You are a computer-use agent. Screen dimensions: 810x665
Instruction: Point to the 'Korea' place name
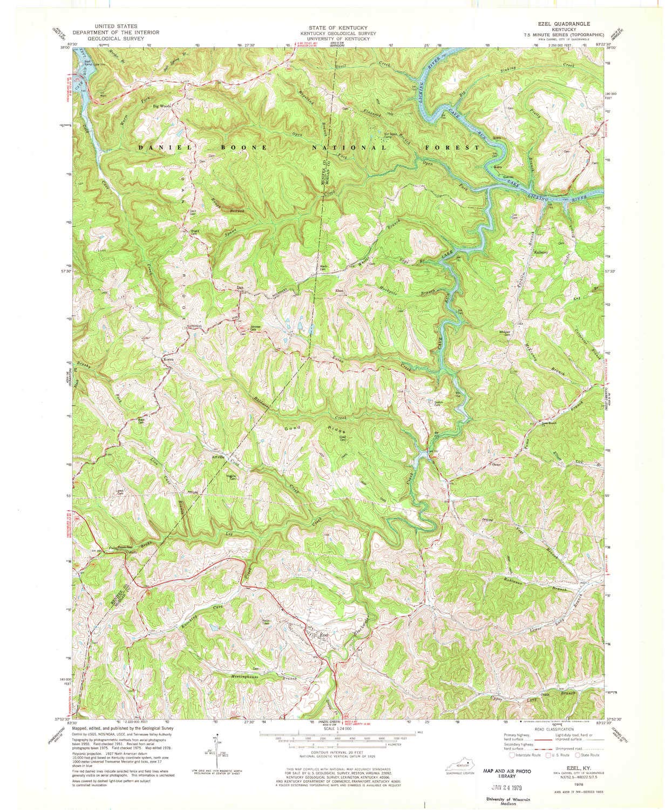(x=171, y=359)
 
